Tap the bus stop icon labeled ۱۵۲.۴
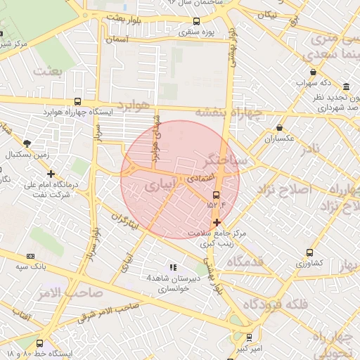pyautogui.click(x=216, y=195)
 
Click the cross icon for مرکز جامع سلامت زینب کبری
pyautogui.click(x=217, y=222)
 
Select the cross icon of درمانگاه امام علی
pyautogui.click(x=50, y=174)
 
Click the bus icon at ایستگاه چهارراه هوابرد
pyautogui.click(x=77, y=101)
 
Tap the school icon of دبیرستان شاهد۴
pyautogui.click(x=172, y=267)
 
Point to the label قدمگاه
pyautogui.click(x=244, y=262)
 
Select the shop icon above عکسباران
pyautogui.click(x=280, y=128)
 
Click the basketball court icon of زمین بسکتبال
pyautogui.click(x=27, y=143)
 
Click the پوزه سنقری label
pyautogui.click(x=196, y=31)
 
